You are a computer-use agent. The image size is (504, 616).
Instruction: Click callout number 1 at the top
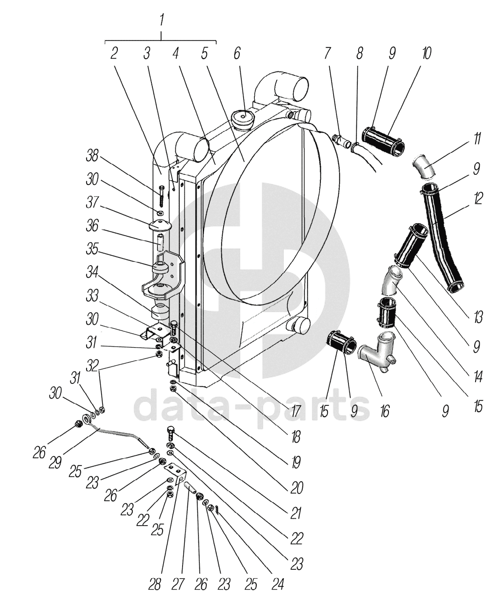(x=161, y=21)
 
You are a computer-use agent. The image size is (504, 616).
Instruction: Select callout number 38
(x=92, y=156)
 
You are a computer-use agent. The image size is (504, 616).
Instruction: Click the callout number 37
(x=92, y=203)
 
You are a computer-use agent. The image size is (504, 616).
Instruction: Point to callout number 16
(x=384, y=411)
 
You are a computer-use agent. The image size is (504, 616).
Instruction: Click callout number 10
(x=426, y=54)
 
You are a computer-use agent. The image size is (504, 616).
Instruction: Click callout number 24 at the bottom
(x=278, y=584)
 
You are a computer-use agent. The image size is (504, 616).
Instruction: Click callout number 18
(x=295, y=437)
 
